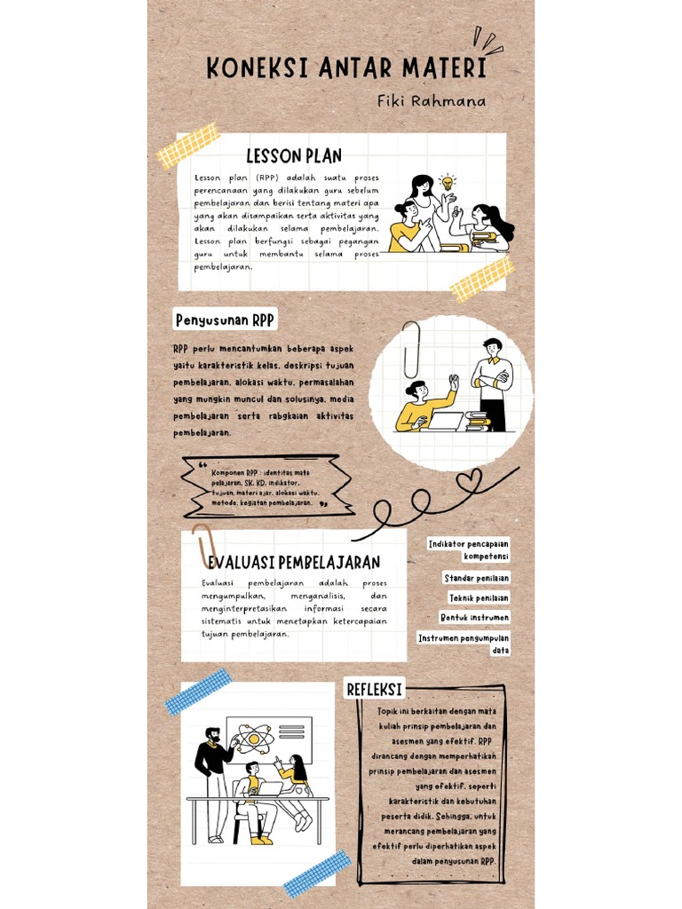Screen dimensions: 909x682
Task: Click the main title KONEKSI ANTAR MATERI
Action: click(345, 69)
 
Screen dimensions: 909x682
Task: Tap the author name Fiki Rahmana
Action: click(432, 101)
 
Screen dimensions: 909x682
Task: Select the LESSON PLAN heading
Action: click(294, 156)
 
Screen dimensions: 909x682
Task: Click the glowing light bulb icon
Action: click(448, 182)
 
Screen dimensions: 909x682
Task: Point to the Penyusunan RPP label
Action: click(225, 320)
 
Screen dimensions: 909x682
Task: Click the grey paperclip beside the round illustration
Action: click(411, 349)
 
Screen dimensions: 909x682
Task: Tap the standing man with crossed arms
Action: click(493, 382)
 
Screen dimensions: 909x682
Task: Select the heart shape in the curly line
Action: click(469, 481)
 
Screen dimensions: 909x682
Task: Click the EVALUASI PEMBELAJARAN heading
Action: click(294, 562)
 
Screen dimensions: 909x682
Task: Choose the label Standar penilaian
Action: click(477, 579)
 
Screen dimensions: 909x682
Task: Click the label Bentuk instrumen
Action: click(475, 617)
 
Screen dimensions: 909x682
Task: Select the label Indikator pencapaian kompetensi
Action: click(469, 549)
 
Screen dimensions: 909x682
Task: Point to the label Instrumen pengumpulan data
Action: click(464, 644)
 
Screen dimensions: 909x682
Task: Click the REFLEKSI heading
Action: click(374, 690)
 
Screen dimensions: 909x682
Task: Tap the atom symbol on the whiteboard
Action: click(254, 737)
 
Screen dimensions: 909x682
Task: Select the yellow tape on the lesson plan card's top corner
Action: click(188, 146)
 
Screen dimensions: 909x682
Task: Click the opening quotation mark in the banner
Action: click(203, 465)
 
